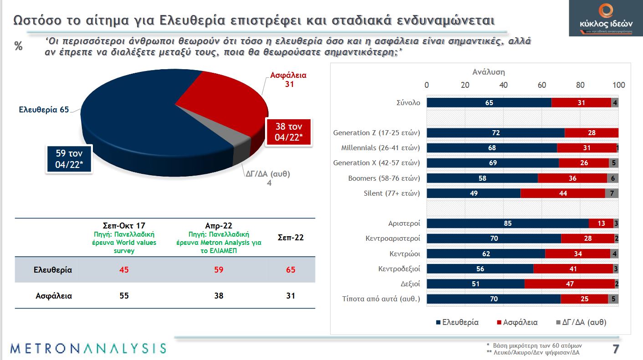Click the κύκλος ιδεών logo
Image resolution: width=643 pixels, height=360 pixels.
coord(605,18)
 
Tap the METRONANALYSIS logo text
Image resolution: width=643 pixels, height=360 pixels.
coord(88,348)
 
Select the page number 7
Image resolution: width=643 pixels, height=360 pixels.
coord(616,349)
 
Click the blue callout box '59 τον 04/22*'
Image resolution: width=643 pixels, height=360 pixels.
coord(69,159)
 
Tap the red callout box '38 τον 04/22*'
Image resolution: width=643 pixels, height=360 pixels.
coord(288,132)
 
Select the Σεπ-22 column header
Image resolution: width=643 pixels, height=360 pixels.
coord(291,238)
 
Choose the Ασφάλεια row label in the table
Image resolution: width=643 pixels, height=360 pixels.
coord(53,295)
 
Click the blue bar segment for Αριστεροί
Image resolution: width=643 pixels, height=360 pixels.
coord(507,223)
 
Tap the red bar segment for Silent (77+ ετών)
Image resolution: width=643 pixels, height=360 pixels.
coord(563,193)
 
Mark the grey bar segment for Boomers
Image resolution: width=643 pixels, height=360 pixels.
coord(612,178)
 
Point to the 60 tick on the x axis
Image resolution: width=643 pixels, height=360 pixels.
coord(542,85)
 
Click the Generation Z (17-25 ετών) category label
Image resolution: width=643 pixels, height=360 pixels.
coord(376,133)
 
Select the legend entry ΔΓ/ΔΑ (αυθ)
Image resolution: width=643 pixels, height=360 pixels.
coord(581,322)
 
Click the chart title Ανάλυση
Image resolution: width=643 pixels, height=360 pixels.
coord(488,72)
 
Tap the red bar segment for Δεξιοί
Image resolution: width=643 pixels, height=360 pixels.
coord(569,284)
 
